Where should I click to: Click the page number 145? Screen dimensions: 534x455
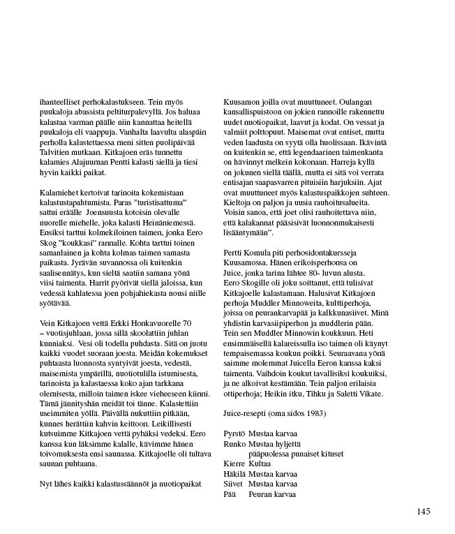point(423,512)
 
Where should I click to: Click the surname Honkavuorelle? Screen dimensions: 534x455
point(155,325)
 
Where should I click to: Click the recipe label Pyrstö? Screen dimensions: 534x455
point(233,433)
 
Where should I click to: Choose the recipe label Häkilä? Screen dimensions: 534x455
point(234,473)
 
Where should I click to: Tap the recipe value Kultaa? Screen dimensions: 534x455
point(260,463)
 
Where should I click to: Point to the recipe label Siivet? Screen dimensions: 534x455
point(233,482)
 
